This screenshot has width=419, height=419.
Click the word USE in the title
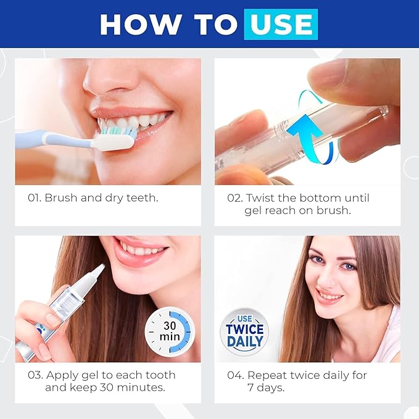(281, 24)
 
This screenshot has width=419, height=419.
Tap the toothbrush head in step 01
(115, 138)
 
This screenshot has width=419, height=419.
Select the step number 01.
(35, 198)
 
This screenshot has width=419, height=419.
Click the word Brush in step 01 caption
(61, 197)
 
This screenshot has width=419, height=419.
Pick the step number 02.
(235, 198)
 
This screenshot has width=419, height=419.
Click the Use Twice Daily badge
(244, 331)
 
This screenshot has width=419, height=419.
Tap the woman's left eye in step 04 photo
(349, 267)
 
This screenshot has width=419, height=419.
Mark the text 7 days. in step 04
(266, 388)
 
